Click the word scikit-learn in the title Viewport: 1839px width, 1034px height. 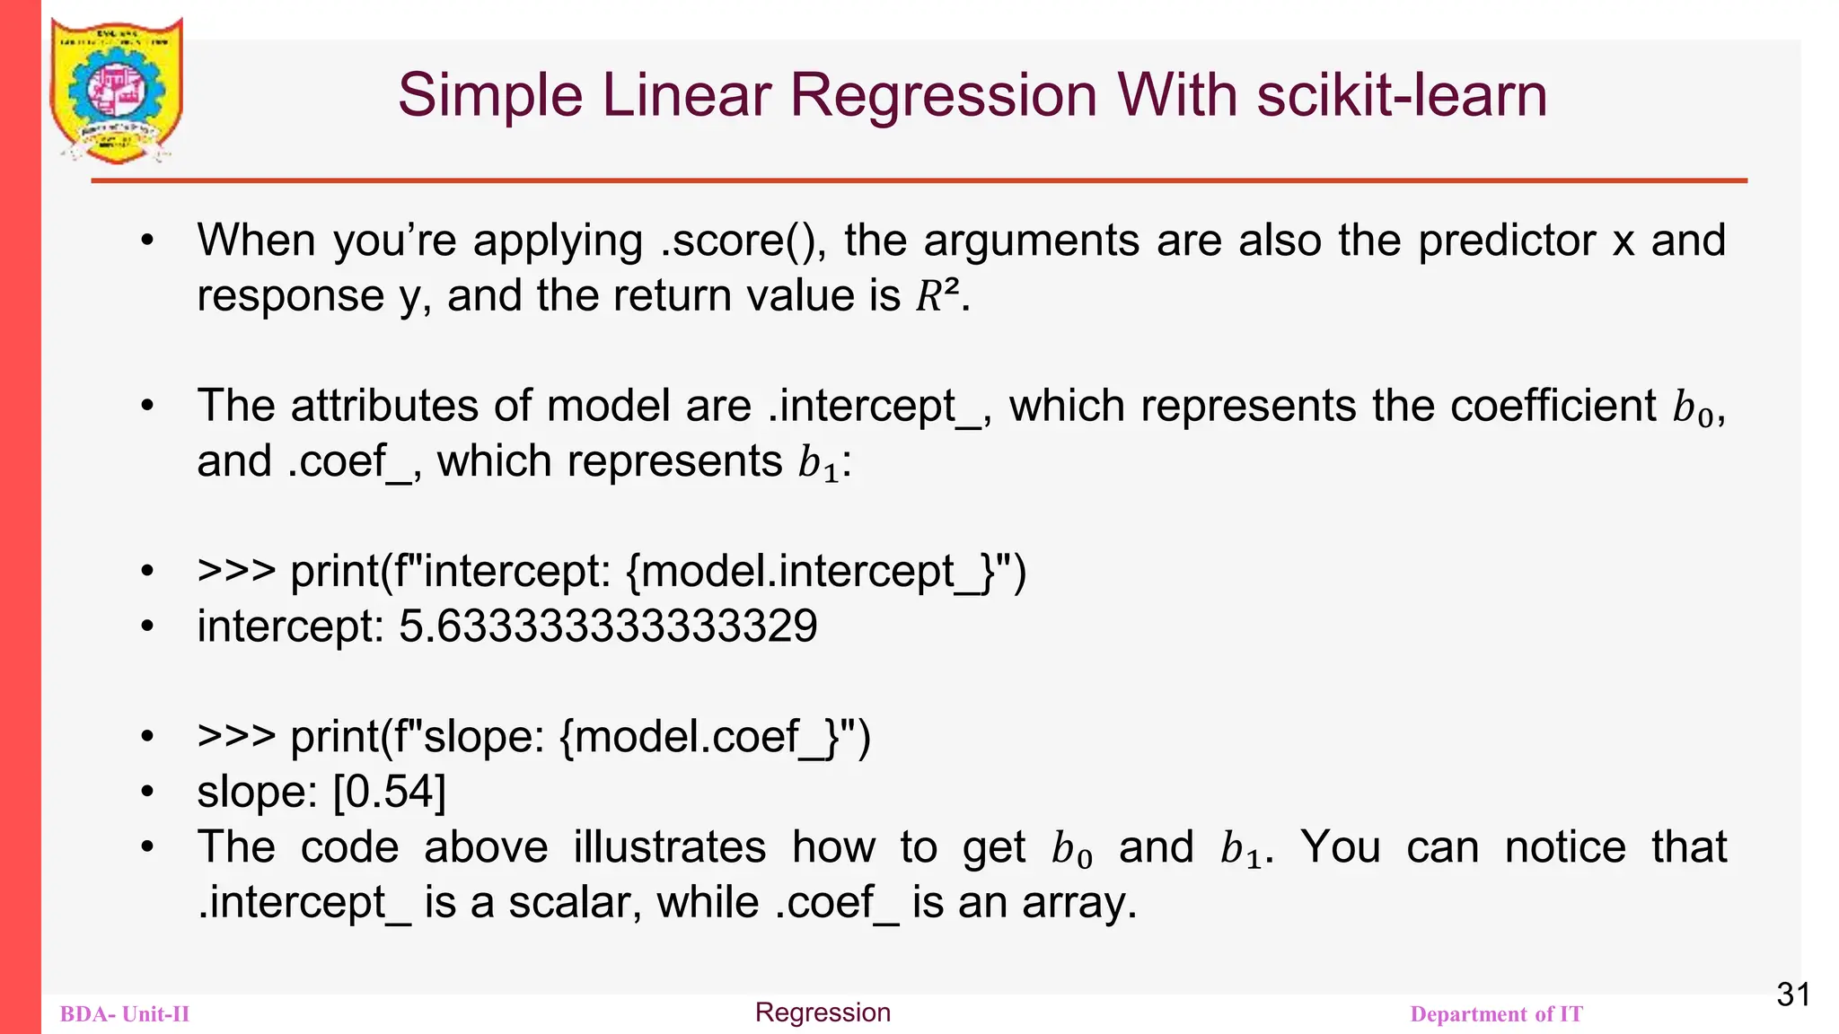(x=1402, y=95)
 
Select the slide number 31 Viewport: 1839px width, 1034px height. (x=1793, y=995)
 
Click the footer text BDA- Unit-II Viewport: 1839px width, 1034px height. (x=125, y=1014)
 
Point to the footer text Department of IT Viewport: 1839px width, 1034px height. (x=1496, y=1014)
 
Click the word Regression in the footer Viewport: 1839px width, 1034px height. (x=823, y=1012)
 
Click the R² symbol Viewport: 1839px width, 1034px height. (x=937, y=296)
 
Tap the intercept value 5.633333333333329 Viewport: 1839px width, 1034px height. (x=608, y=626)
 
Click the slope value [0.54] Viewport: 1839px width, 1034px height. (x=389, y=792)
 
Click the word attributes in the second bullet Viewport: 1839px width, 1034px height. (x=384, y=406)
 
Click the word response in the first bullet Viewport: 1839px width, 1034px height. (x=290, y=296)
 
